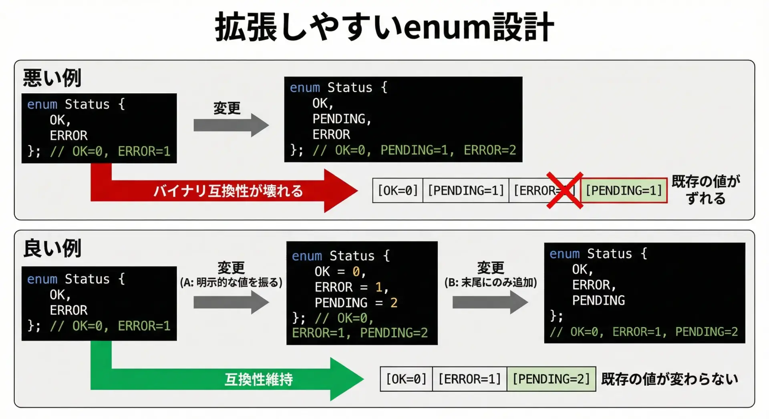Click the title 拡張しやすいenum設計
coord(384,27)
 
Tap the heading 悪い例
coord(52,78)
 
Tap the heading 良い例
coord(52,248)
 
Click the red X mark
coord(565,190)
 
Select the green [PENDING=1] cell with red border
coord(624,190)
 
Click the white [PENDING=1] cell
coord(466,190)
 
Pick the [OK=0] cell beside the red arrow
coord(398,190)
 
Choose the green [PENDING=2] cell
coord(551,379)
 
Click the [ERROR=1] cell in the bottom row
coord(469,379)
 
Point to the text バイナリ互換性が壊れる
coord(228,191)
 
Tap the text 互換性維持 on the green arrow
coord(258,379)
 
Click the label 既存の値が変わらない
coord(669,379)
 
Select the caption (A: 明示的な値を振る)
coord(231,283)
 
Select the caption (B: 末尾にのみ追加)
coord(490,283)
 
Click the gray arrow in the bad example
coord(231,125)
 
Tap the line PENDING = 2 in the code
coord(356,303)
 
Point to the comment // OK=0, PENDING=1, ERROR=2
coord(414,150)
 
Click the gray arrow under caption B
coord(490,302)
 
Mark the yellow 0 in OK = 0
coord(356,272)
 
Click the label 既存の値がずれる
coord(706,190)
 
